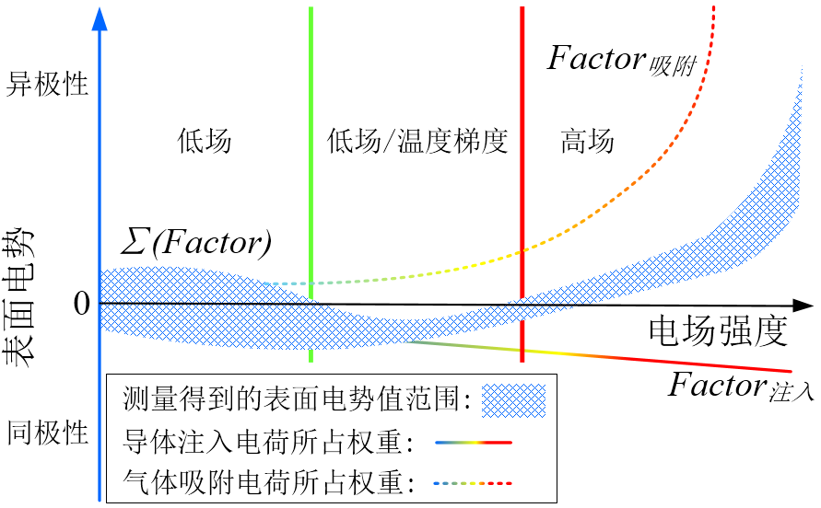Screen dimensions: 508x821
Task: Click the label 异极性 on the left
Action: pyautogui.click(x=47, y=85)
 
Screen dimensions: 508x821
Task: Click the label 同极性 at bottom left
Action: pyautogui.click(x=47, y=432)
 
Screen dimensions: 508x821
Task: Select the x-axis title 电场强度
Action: pyautogui.click(x=719, y=331)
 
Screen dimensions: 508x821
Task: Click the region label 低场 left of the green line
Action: pyautogui.click(x=205, y=142)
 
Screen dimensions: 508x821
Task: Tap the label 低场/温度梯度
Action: pyautogui.click(x=417, y=142)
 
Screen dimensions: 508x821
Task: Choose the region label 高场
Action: pyautogui.click(x=587, y=142)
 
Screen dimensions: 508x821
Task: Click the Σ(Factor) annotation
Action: pyautogui.click(x=195, y=243)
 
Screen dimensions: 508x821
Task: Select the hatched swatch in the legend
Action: pyautogui.click(x=513, y=399)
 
